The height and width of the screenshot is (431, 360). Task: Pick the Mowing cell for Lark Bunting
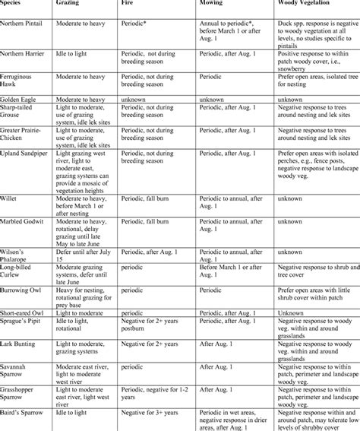214,344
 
